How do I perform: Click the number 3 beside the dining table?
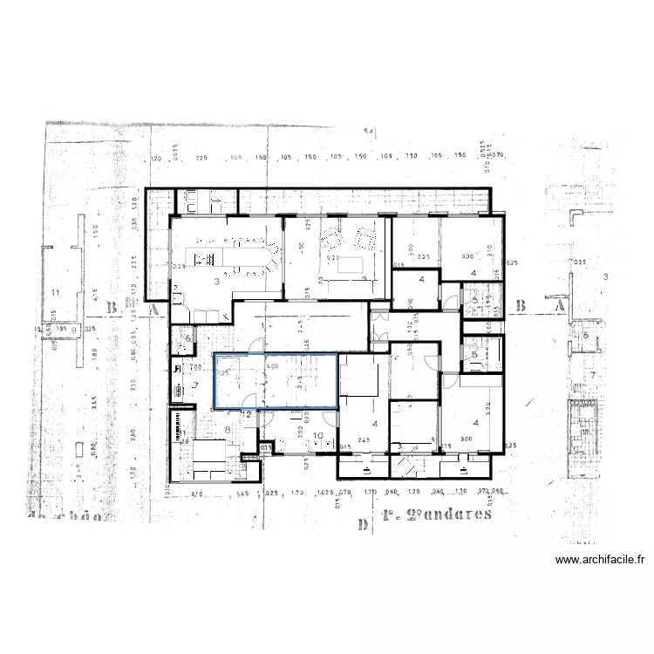pos(215,281)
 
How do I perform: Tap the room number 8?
pos(228,429)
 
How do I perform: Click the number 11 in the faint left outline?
pos(56,291)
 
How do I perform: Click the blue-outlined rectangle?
pos(276,380)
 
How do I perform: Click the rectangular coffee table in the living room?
pos(352,263)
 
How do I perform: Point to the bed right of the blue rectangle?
pos(358,378)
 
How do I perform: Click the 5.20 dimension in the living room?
pos(331,258)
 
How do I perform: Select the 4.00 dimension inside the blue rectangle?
pos(271,367)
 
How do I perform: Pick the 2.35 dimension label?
pos(424,256)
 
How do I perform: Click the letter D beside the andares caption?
pos(361,524)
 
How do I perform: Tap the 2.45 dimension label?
pos(365,439)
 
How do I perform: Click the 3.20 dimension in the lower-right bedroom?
pos(489,405)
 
